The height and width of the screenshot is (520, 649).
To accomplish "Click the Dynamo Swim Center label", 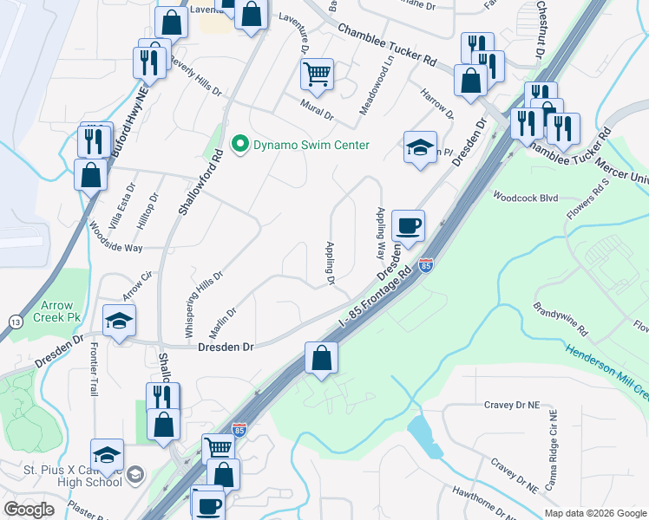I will pyautogui.click(x=311, y=145).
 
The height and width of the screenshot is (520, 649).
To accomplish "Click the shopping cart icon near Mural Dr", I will pyautogui.click(x=318, y=75).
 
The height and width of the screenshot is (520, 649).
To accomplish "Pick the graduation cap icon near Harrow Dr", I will pyautogui.click(x=420, y=147).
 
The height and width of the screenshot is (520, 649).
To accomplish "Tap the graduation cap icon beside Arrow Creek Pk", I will pyautogui.click(x=120, y=321).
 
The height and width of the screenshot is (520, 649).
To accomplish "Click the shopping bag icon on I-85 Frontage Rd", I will pyautogui.click(x=321, y=358).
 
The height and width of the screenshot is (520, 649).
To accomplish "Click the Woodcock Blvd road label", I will pyautogui.click(x=525, y=198).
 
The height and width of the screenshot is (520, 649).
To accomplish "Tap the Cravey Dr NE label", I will pyautogui.click(x=511, y=405).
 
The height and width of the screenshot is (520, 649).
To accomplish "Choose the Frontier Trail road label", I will pyautogui.click(x=95, y=368).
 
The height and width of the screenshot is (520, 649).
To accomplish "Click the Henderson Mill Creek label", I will pyautogui.click(x=608, y=367).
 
